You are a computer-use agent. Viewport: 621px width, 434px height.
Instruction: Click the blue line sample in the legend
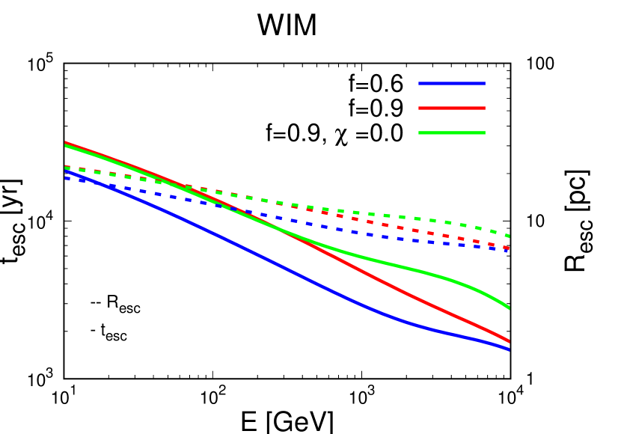[x=451, y=83]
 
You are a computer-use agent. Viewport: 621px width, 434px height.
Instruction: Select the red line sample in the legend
[x=451, y=108]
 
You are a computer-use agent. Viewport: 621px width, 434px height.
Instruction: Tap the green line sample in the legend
[x=451, y=132]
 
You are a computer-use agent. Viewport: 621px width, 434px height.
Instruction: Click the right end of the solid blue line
[x=509, y=349]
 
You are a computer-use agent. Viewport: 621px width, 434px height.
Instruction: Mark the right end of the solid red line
[x=509, y=341]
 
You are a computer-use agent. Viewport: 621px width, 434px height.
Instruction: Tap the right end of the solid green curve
[x=509, y=308]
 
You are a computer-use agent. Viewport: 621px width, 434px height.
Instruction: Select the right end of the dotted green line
[x=509, y=236]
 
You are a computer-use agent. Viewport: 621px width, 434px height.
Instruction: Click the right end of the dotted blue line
[x=509, y=250]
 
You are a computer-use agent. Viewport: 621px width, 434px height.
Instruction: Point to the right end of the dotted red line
[x=509, y=247]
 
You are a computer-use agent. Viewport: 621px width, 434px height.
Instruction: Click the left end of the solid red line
[x=66, y=142]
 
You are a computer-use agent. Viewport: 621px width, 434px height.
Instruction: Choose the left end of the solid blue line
[x=66, y=171]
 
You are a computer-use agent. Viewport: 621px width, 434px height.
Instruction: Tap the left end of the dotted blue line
[x=66, y=178]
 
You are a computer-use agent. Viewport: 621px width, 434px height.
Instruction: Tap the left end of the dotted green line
[x=66, y=168]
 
